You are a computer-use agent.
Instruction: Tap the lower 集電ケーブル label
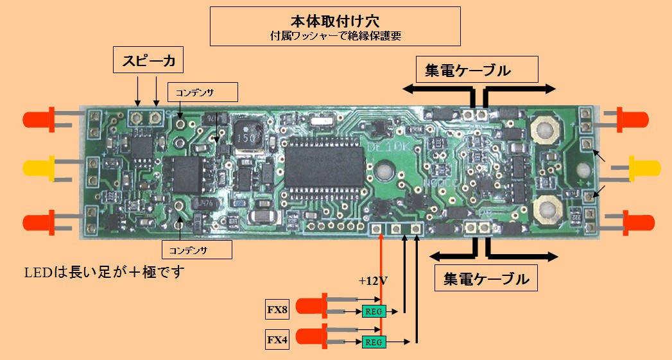pos(486,279)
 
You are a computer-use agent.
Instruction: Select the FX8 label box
pos(277,311)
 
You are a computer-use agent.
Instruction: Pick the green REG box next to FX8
pos(374,312)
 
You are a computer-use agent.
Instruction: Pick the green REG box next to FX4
pos(374,342)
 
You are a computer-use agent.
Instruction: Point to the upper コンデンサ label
pos(202,92)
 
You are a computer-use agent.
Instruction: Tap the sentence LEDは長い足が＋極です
pos(104,273)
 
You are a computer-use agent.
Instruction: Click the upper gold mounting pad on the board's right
pos(546,130)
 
